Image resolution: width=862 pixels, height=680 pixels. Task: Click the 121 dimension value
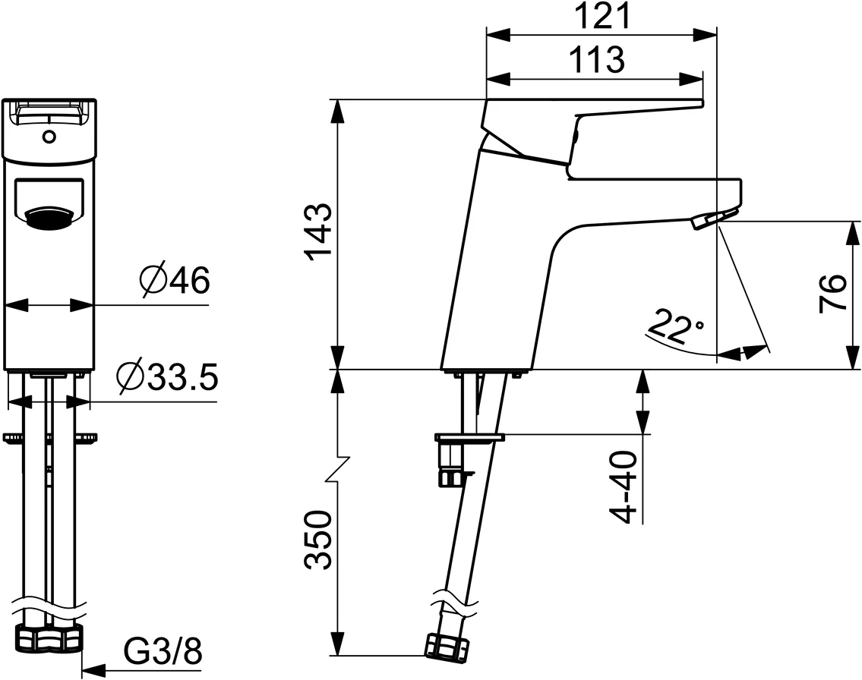tap(601, 17)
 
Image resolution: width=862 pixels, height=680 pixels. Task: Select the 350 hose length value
tap(319, 541)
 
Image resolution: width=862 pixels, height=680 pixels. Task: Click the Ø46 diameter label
tap(174, 282)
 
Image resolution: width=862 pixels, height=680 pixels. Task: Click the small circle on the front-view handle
tap(49, 137)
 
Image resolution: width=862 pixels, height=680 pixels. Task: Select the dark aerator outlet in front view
tap(49, 219)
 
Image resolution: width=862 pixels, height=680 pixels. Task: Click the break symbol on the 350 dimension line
tap(337, 470)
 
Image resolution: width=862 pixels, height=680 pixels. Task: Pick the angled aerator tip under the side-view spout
tap(706, 220)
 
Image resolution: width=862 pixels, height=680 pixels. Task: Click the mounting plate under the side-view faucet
tap(469, 437)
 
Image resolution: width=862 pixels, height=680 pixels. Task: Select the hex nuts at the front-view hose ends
tap(49, 638)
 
